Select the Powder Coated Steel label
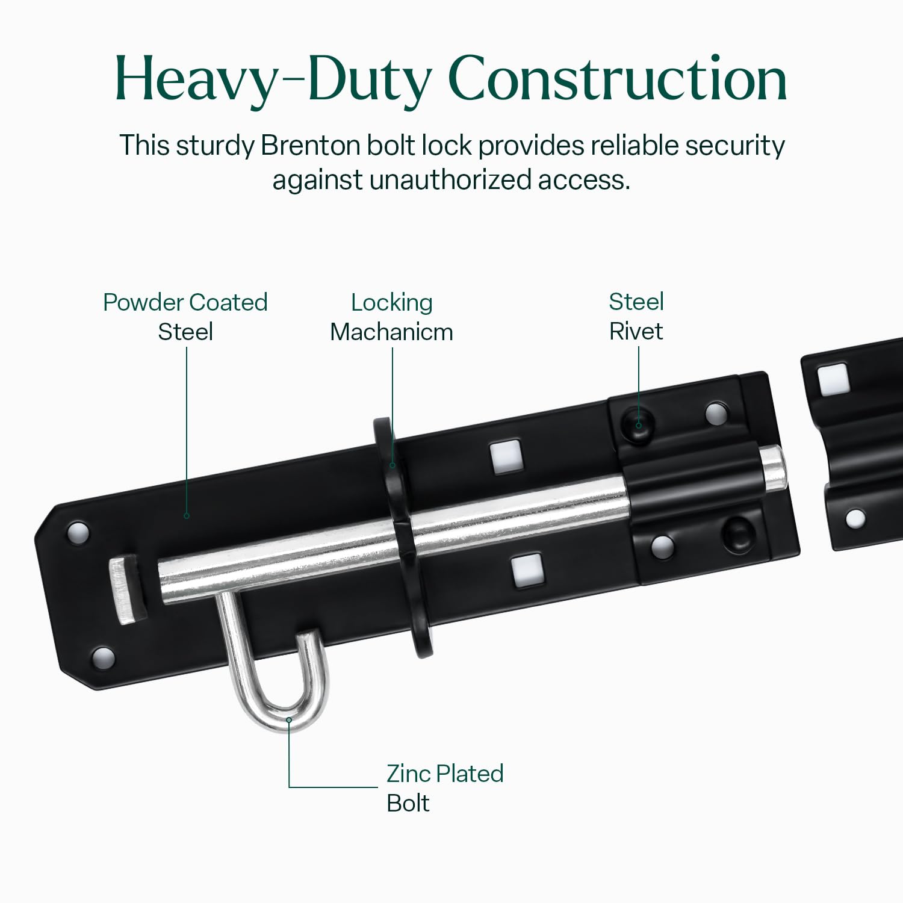pyautogui.click(x=185, y=317)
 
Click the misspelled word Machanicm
pyautogui.click(x=391, y=332)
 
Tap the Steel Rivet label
pyautogui.click(x=636, y=316)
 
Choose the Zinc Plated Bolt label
pyautogui.click(x=445, y=788)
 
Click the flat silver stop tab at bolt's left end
pyautogui.click(x=125, y=590)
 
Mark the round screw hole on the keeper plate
pyautogui.click(x=855, y=518)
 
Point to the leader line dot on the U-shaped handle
pyautogui.click(x=289, y=720)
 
